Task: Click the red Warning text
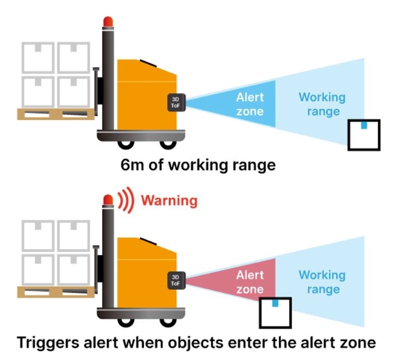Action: click(169, 200)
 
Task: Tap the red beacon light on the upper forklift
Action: click(108, 22)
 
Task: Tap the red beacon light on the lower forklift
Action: click(108, 200)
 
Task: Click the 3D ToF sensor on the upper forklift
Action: click(176, 101)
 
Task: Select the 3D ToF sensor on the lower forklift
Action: click(176, 281)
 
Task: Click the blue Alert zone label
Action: click(250, 104)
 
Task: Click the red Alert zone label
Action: click(250, 282)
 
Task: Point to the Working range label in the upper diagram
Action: click(322, 104)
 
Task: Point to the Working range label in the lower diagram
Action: click(322, 282)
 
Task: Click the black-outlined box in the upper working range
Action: click(364, 135)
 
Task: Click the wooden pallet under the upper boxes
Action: click(56, 114)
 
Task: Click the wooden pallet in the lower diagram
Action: click(56, 292)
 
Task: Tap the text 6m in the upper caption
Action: click(133, 165)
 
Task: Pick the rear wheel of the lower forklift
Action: click(123, 321)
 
